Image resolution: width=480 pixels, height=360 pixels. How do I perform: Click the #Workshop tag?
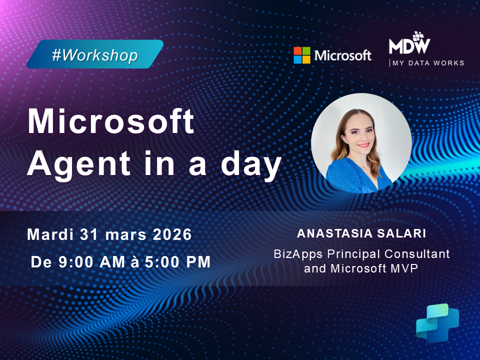click(x=94, y=54)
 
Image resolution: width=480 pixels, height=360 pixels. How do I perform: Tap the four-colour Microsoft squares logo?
click(x=301, y=55)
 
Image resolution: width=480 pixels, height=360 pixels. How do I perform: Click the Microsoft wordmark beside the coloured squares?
click(x=343, y=55)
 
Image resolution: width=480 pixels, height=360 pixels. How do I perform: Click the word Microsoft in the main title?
click(x=110, y=121)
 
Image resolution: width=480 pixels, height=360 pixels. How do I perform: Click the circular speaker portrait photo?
click(x=361, y=143)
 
